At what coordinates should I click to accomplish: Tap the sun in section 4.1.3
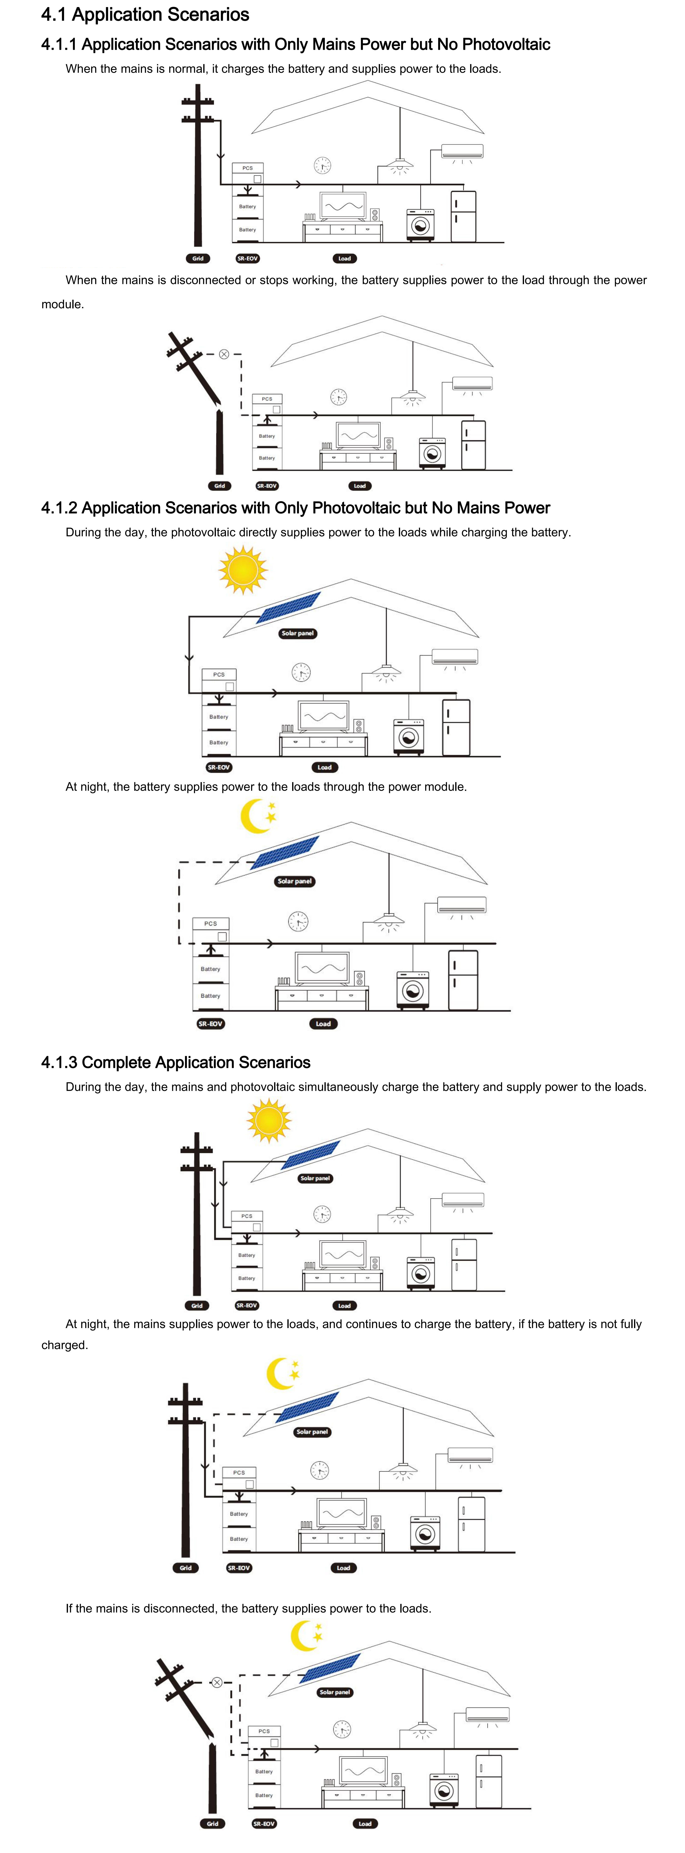pos(269,1120)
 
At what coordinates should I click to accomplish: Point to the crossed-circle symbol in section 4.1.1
pos(224,354)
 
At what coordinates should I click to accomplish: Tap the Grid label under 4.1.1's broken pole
pos(219,486)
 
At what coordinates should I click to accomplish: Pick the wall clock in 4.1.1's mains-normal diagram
pos(322,166)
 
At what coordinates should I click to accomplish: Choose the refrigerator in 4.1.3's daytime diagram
pos(464,1264)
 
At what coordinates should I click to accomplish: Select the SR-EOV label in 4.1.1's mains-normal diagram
pos(247,258)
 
